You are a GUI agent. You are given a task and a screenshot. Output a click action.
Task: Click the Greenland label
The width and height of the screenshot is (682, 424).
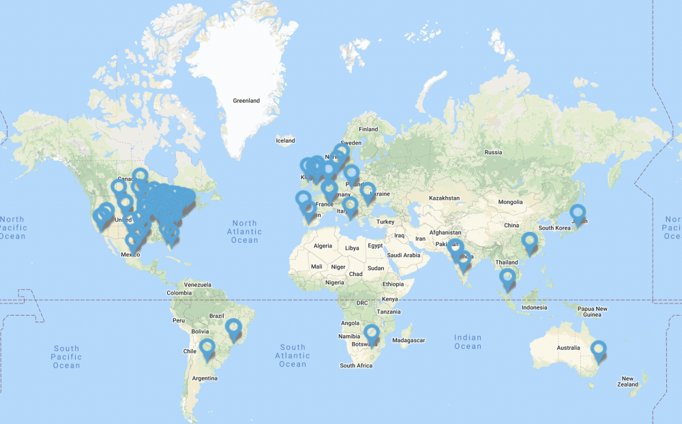[x=246, y=101]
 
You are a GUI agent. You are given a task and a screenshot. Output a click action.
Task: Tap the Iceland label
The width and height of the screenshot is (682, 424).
[x=285, y=141]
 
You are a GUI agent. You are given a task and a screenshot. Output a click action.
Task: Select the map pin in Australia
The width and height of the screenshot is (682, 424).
[x=599, y=350]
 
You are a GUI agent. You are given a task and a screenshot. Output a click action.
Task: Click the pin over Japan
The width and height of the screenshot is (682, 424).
[x=578, y=213]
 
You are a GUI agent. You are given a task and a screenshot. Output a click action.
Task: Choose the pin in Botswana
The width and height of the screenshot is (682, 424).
[x=372, y=334]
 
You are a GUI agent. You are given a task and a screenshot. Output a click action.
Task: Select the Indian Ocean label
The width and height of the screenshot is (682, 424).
[x=468, y=342]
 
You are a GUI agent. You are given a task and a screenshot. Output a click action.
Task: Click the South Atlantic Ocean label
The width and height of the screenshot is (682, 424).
[x=293, y=356]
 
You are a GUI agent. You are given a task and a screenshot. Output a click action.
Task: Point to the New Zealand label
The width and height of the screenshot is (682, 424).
[x=629, y=381]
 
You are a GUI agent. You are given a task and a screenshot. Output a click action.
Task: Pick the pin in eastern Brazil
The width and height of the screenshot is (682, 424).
[x=234, y=329]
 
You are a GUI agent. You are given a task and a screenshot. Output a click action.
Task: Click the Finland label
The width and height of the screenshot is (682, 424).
[x=368, y=129]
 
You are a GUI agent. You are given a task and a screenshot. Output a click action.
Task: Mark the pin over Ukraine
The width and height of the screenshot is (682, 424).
[x=368, y=192]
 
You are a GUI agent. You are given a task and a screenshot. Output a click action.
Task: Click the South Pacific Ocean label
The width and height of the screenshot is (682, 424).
[x=67, y=357]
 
